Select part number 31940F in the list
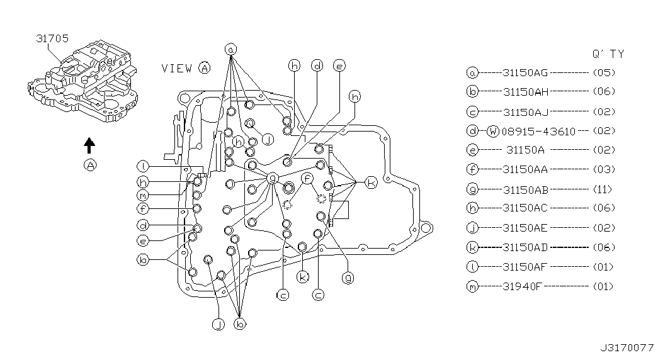tap(523, 286)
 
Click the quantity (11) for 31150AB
tap(603, 189)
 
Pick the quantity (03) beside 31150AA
tap(603, 169)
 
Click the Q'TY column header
tap(608, 54)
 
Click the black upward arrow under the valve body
tap(89, 145)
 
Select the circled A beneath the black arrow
tap(90, 166)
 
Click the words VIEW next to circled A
tap(176, 68)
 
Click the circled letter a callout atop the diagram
tap(231, 49)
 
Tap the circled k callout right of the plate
tap(372, 183)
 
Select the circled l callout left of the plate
tap(144, 166)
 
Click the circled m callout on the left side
tap(144, 195)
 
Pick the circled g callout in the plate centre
tap(273, 178)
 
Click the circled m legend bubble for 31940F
tap(472, 287)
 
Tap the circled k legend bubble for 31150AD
tap(472, 248)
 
